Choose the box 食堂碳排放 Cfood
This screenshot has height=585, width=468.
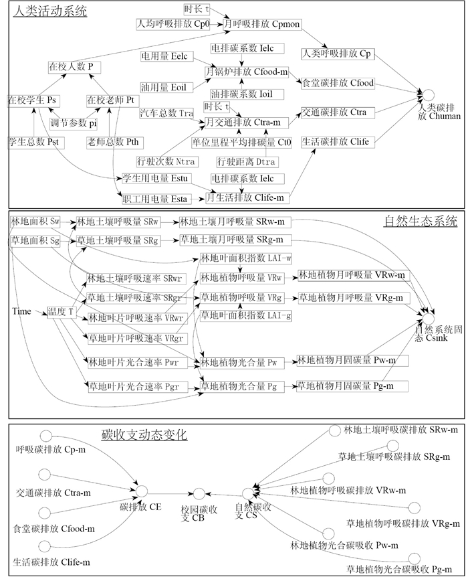338,83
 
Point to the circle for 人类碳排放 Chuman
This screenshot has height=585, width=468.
428,96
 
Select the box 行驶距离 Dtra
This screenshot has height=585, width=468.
246,161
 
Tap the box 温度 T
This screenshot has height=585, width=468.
60,311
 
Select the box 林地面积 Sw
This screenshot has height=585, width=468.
35,221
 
